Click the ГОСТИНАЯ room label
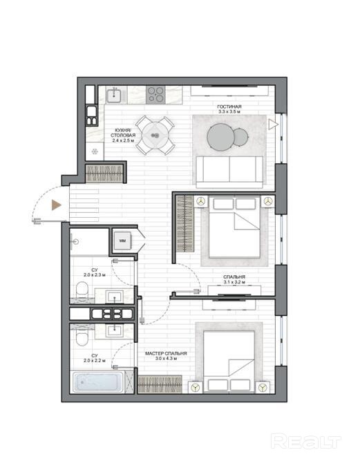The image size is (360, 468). click(x=229, y=106)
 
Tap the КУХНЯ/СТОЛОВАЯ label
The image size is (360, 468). click(x=123, y=133)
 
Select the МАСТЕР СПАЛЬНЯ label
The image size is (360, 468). click(x=166, y=353)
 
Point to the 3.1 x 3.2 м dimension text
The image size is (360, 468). click(x=234, y=282)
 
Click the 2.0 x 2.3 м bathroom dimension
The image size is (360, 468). click(x=95, y=274)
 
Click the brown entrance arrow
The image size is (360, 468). click(x=57, y=205)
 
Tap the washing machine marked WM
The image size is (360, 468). click(x=122, y=241)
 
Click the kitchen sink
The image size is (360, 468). click(x=114, y=95)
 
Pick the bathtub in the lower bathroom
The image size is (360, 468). click(x=98, y=382)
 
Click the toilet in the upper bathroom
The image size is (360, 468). click(x=82, y=290)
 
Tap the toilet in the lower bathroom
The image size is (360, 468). click(x=82, y=337)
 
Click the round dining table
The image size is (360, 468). click(x=155, y=135)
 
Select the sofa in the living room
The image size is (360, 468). click(x=229, y=172)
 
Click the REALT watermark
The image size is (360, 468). click(x=306, y=442)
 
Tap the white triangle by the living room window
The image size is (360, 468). click(x=273, y=124)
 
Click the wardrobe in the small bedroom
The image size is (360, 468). click(x=184, y=223)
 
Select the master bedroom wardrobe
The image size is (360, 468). click(x=160, y=384)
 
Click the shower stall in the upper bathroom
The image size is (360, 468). click(x=89, y=242)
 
